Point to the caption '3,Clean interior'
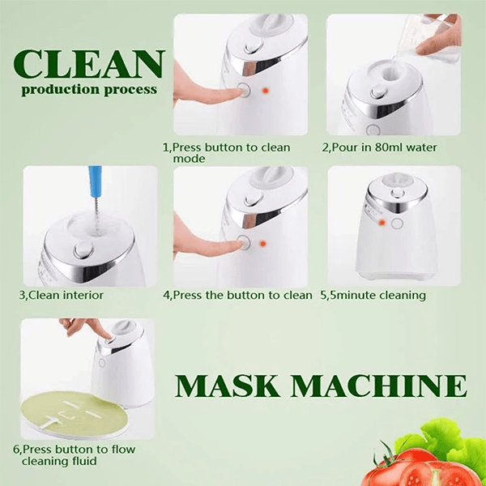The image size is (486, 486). [62, 295]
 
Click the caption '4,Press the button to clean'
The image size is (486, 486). [237, 295]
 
